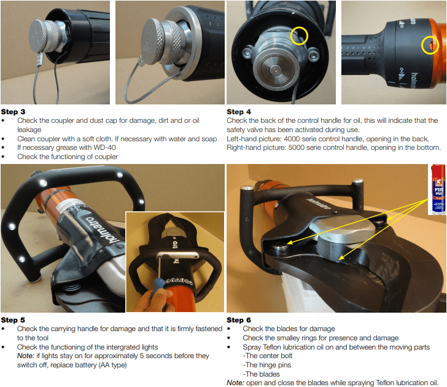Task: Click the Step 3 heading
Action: pyautogui.click(x=13, y=112)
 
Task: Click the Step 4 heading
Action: pyautogui.click(x=239, y=112)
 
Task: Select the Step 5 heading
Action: pyautogui.click(x=13, y=320)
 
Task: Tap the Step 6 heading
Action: pyautogui.click(x=239, y=320)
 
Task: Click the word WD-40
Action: pyautogui.click(x=104, y=147)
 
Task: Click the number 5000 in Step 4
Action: pyautogui.click(x=298, y=147)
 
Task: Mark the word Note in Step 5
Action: pyautogui.click(x=26, y=356)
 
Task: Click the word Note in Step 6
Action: pyautogui.click(x=236, y=383)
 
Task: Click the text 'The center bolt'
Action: pyautogui.click(x=268, y=356)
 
